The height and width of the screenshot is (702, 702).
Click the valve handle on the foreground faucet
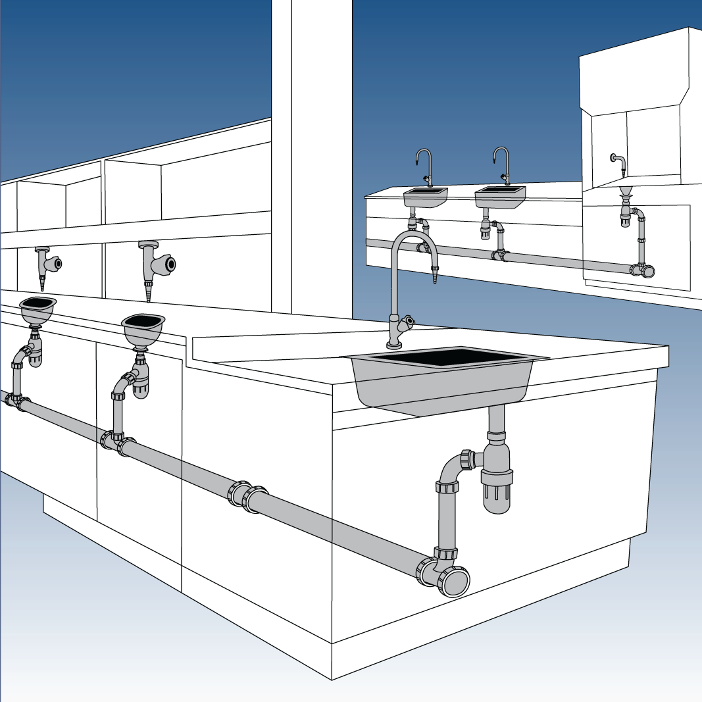[x=408, y=322]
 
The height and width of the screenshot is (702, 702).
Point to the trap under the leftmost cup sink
[x=35, y=352]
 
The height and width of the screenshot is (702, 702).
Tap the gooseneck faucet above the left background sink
[x=424, y=165]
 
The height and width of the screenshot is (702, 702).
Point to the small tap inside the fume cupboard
[x=617, y=163]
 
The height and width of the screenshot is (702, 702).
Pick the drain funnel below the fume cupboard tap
[x=626, y=192]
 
